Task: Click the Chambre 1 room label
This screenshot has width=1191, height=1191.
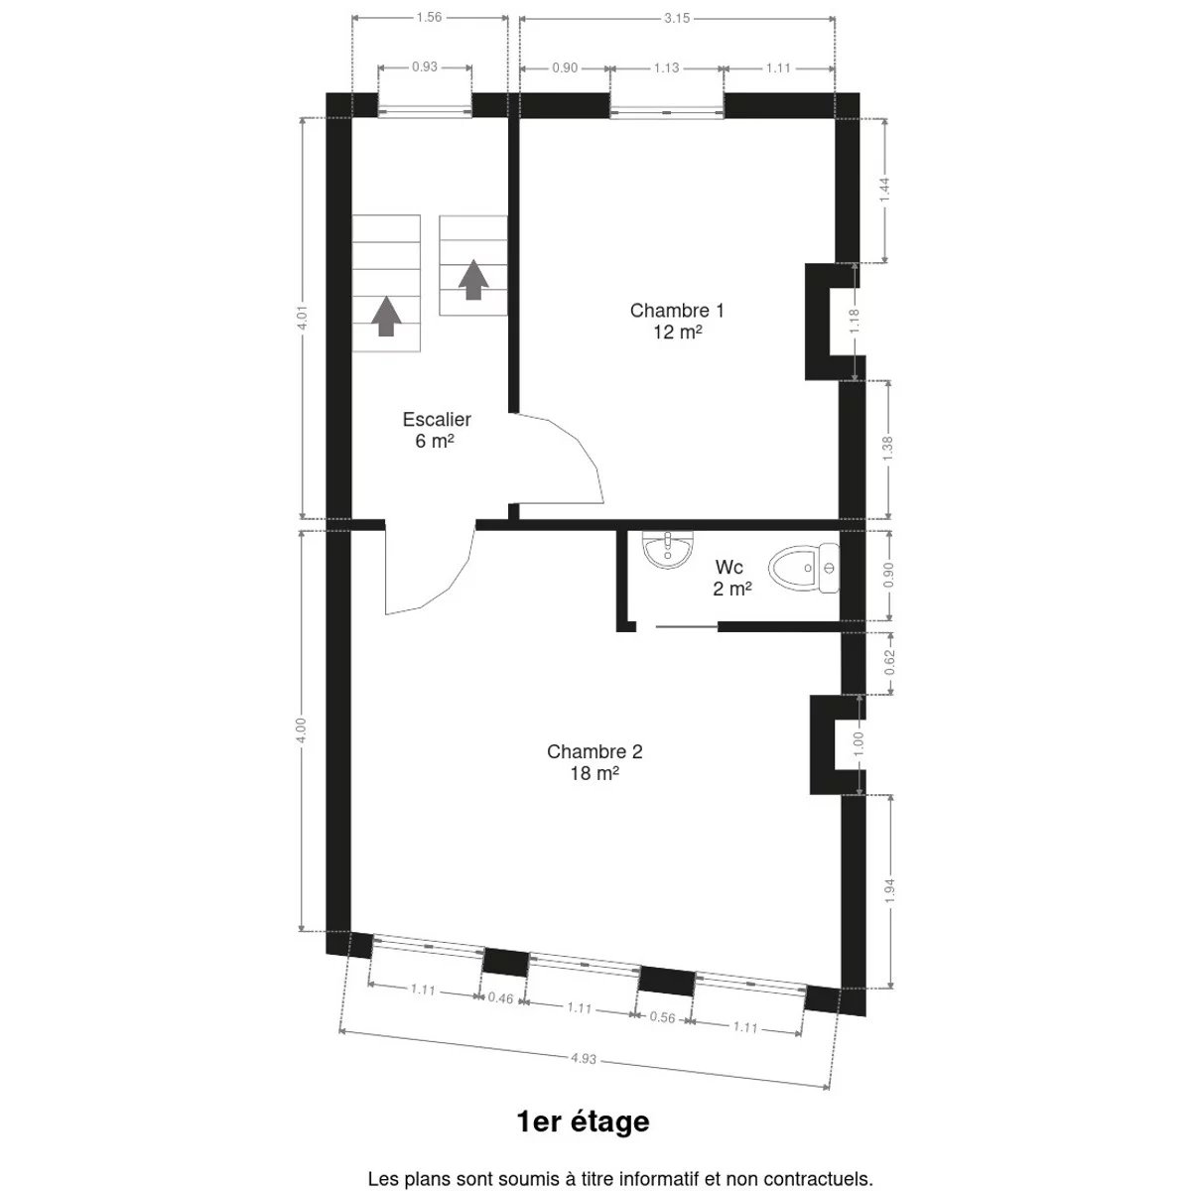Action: [677, 321]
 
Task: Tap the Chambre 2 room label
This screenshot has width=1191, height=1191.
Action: [595, 762]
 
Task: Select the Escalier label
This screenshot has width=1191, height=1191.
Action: [437, 430]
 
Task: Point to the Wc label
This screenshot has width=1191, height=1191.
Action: [731, 578]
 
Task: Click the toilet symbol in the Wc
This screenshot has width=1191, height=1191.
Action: [804, 568]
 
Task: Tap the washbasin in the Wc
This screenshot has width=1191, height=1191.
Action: [668, 550]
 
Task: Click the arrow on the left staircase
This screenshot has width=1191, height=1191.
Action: [386, 316]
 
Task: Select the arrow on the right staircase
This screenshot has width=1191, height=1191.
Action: [473, 279]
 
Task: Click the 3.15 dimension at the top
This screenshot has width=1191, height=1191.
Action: [677, 19]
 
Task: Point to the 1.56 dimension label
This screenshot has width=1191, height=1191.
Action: [429, 17]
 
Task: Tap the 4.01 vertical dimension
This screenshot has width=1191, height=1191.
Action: [303, 318]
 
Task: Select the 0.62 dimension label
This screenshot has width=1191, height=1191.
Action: [890, 663]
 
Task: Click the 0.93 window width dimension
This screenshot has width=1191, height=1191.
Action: [425, 66]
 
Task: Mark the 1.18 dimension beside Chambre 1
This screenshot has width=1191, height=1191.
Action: [855, 322]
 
